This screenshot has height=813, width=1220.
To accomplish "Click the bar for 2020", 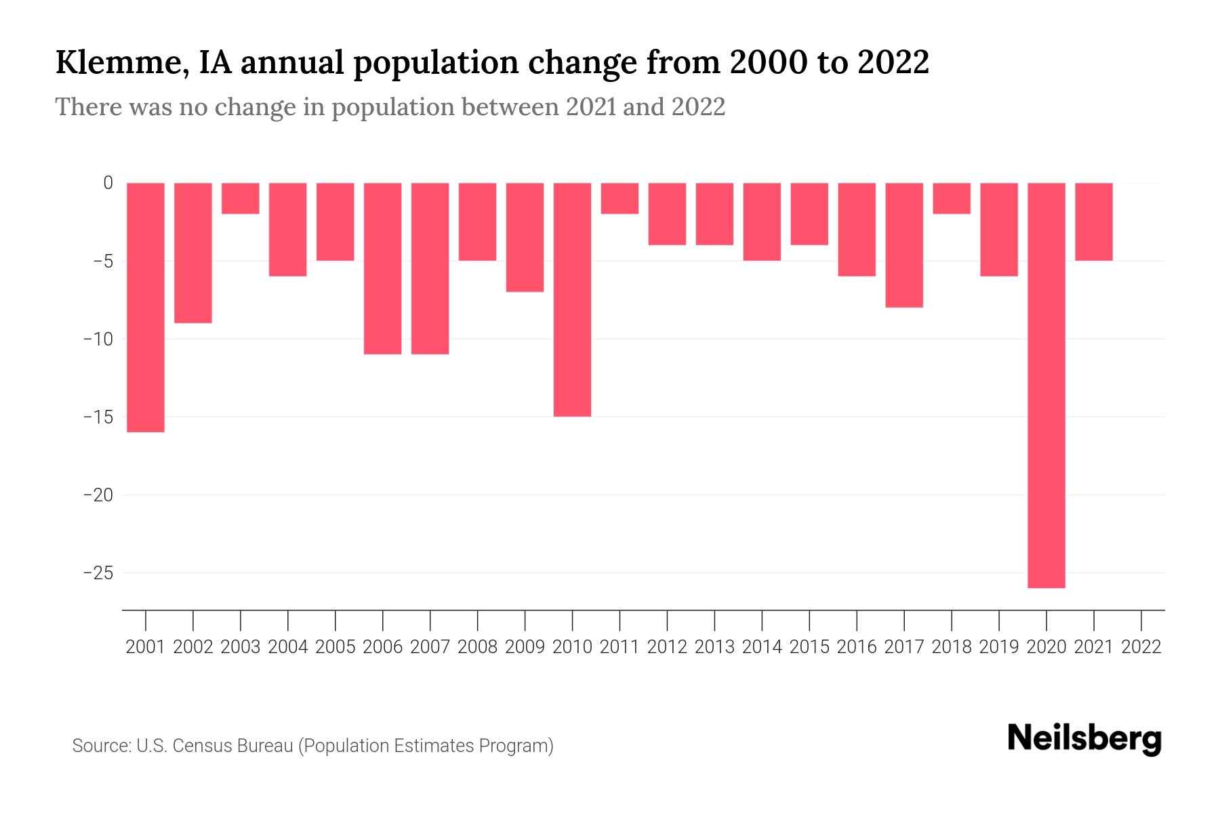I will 1046,385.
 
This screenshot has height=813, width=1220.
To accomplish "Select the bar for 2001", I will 146,307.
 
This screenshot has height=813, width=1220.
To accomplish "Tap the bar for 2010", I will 572,299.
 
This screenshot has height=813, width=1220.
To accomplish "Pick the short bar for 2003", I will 241,199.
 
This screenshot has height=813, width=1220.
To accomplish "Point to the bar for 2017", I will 904,245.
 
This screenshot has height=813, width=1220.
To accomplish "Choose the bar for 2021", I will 1093,222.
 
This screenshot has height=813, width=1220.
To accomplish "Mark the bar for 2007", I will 430,268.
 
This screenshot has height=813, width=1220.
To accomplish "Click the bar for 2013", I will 714,213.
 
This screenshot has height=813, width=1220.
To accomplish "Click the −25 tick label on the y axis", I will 98,573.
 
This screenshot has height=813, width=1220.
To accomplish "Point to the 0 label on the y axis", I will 108,183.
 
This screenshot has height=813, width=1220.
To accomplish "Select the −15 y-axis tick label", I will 98,417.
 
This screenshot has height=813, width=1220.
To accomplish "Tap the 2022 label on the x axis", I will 1141,647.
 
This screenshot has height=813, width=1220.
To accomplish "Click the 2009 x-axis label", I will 525,647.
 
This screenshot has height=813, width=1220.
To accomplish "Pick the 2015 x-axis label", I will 809,647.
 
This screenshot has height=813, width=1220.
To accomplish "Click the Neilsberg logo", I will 1084,739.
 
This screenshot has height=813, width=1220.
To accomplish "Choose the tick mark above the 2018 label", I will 952,620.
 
